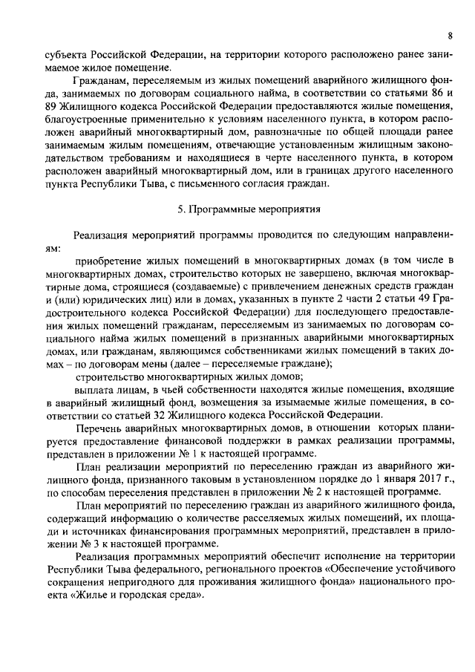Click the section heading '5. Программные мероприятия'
coord(238,210)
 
